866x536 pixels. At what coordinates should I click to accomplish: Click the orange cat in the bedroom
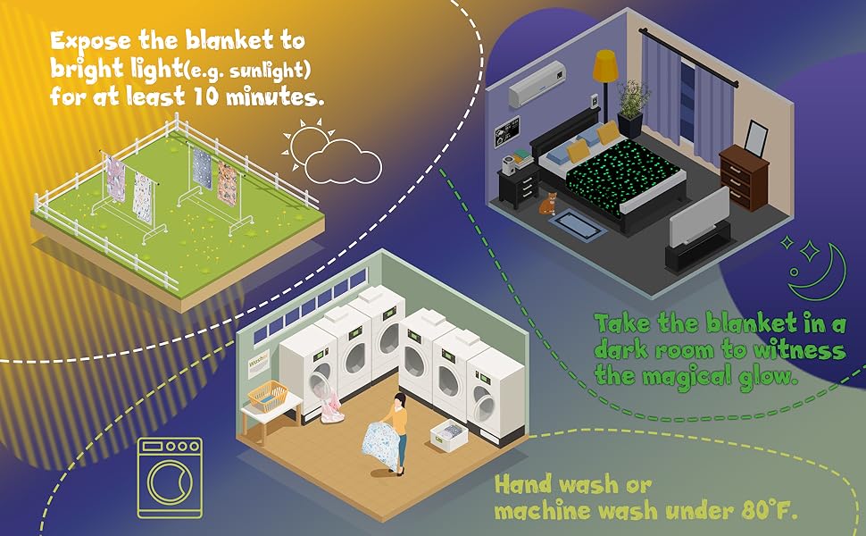(546, 203)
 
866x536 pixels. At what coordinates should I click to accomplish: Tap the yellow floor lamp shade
(606, 65)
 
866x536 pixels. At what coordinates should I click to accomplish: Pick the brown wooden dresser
(744, 177)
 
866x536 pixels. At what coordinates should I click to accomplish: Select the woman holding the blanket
(397, 429)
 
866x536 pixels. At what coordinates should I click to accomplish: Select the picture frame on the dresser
(756, 137)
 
